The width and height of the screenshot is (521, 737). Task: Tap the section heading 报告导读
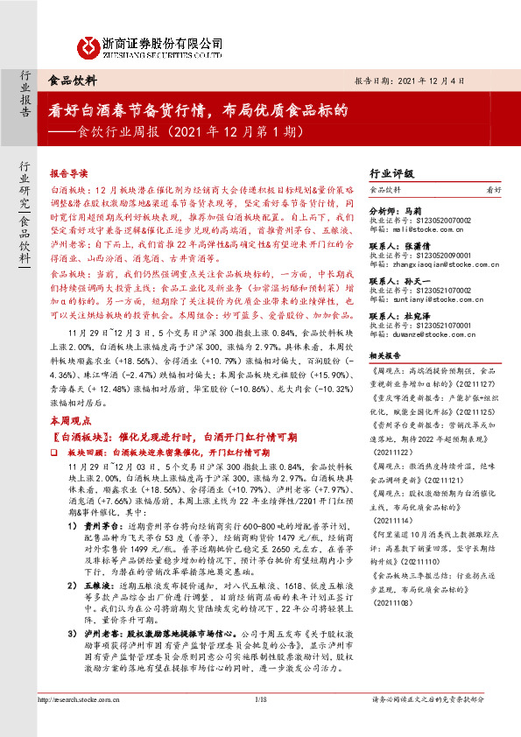[x=68, y=173]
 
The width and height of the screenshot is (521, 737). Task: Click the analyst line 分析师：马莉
[x=397, y=212]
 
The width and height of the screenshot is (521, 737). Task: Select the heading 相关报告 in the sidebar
[x=385, y=356]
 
